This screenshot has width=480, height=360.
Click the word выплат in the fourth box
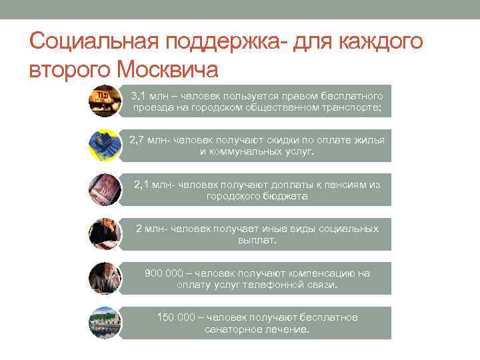[255, 240]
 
